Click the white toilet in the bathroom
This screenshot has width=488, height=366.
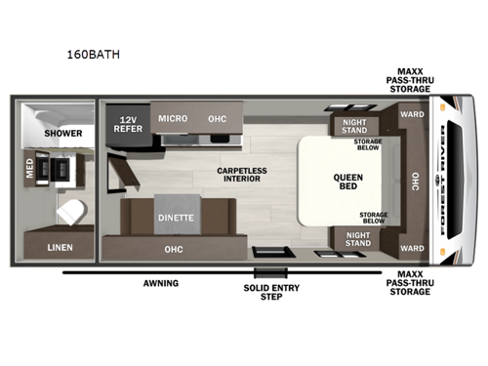pos(70,209)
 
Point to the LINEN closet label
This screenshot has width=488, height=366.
pos(61,247)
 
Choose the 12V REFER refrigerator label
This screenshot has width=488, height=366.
pos(128,124)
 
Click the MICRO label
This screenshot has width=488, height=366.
pos(173,118)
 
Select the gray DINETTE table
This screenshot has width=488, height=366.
pos(175,218)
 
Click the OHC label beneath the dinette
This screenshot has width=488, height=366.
pos(173,249)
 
